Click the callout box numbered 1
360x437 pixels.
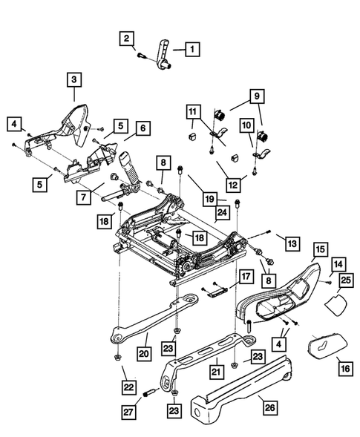tap(192, 50)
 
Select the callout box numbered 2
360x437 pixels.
tap(128, 38)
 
